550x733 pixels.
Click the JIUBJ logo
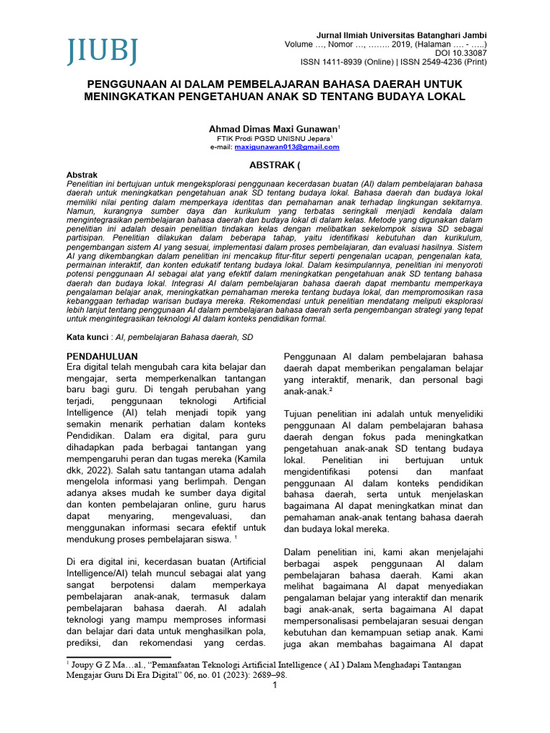point(102,51)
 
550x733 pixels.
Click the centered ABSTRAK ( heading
point(275,164)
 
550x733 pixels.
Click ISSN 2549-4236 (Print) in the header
point(445,62)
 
